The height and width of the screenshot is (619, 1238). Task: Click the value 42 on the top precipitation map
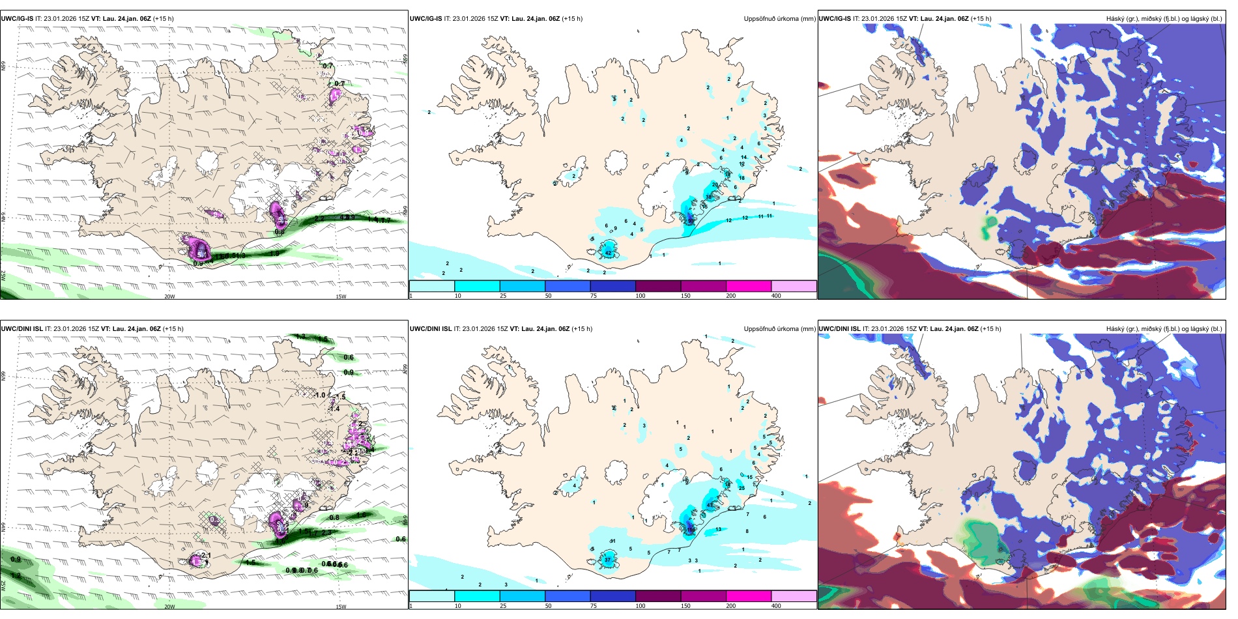coord(608,253)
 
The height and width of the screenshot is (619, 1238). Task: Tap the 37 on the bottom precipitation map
coord(607,560)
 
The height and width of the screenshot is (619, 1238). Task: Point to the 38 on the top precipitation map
coord(708,197)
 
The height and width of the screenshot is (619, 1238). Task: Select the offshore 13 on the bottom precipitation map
coord(718,529)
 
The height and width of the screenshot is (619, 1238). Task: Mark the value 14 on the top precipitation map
coord(743,158)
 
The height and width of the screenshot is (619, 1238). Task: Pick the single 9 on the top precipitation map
coord(615,228)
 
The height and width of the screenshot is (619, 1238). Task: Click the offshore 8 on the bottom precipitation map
coord(747,532)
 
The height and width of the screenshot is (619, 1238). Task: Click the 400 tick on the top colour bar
coord(776,296)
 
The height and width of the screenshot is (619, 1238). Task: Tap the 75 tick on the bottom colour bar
coord(593,606)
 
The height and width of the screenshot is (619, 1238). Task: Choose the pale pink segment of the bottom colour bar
coord(794,596)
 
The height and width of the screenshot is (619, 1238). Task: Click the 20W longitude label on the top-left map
coord(169,296)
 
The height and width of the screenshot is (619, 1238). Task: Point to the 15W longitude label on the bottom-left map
coord(341,607)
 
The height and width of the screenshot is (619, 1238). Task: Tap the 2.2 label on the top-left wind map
coord(319,219)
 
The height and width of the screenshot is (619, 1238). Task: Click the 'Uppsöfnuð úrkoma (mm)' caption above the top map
coord(779,19)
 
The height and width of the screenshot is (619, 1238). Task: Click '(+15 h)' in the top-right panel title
coord(981,19)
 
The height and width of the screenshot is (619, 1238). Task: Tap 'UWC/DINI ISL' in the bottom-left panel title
coord(22,329)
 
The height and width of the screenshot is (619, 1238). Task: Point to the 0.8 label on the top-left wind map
coord(280,232)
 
